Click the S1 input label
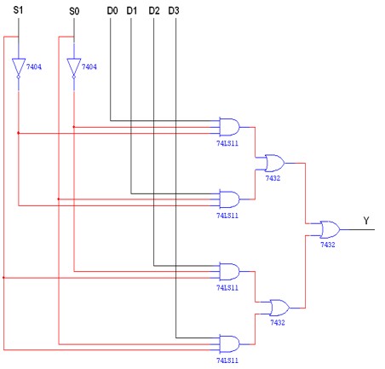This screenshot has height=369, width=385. tap(20, 11)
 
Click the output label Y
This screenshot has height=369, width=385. tap(366, 222)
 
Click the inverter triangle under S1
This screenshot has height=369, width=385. tap(20, 67)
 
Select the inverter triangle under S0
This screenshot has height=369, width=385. tap(74, 67)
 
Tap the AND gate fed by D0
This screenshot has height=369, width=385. tap(229, 127)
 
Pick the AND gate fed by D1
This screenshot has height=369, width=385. tap(229, 199)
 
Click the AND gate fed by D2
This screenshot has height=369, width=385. tap(229, 271)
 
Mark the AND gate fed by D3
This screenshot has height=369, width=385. tap(229, 343)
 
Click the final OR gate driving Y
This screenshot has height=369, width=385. tap(328, 229)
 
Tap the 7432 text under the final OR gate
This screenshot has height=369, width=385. tap(328, 245)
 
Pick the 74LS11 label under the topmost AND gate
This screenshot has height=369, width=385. tap(227, 144)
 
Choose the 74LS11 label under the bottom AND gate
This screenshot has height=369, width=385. tap(227, 361)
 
